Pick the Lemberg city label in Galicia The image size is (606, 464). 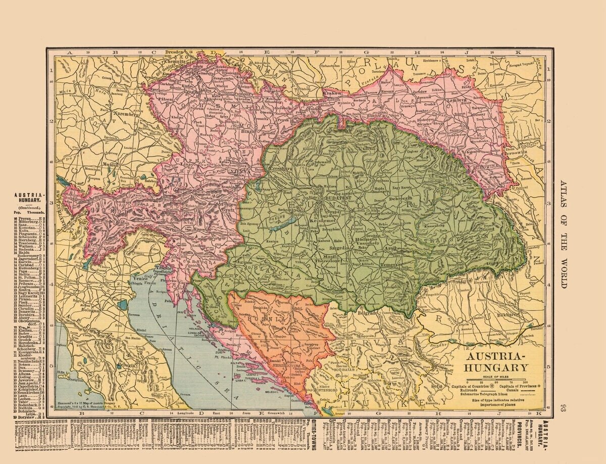(458, 100)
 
